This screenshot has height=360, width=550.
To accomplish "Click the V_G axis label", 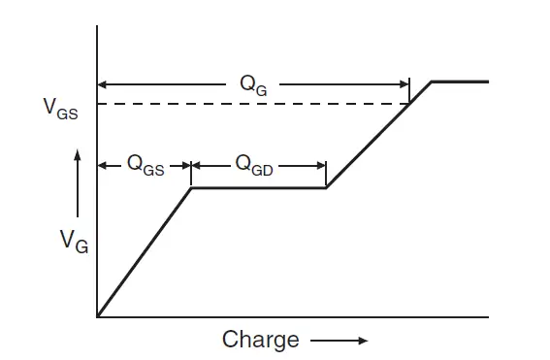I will (74, 240).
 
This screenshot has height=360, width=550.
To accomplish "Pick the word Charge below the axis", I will (261, 340).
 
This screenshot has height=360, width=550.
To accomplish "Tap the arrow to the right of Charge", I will (339, 341).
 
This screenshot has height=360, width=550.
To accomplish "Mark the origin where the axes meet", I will (97, 316).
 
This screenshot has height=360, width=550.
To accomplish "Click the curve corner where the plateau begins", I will (191, 187).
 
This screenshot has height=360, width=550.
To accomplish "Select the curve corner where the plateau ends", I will (326, 187).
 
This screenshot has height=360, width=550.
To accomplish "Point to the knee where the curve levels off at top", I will (432, 82).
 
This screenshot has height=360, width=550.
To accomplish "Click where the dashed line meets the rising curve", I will (409, 104).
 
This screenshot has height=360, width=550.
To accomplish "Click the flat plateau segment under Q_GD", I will (258, 187).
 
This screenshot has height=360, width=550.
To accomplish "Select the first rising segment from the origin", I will (144, 252).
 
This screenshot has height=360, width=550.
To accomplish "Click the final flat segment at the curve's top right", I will (461, 82).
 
